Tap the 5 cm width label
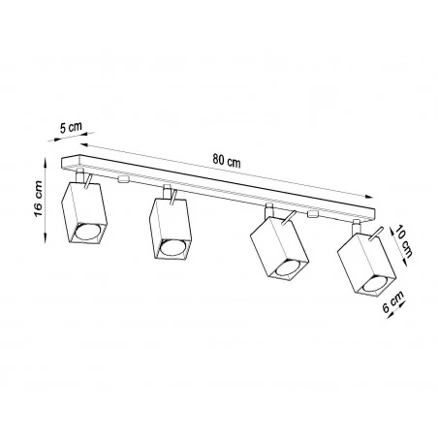(69, 127)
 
